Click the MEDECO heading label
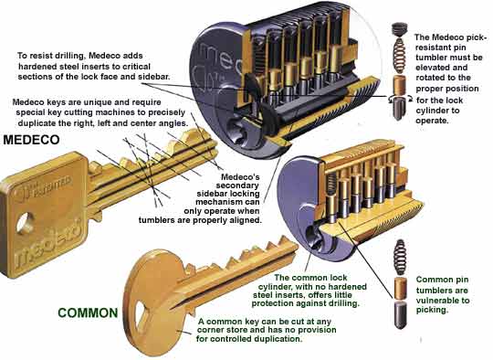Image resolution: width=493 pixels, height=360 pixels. coord(31,140)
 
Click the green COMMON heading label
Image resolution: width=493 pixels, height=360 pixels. coord(88,312)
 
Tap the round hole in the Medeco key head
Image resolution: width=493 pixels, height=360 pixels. coord(25,223)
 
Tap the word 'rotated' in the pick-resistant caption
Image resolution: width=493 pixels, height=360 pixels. coord(431,78)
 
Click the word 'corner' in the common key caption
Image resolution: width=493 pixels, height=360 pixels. coord(212,330)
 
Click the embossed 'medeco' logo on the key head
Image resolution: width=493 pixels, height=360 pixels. coord(48,243)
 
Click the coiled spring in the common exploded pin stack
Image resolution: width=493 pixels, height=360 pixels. coord(400,257)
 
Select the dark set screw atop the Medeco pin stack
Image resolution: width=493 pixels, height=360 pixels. coord(399,30)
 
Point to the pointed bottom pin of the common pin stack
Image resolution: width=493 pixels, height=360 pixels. coord(400,314)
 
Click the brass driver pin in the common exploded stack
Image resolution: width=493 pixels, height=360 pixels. coord(400,288)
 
